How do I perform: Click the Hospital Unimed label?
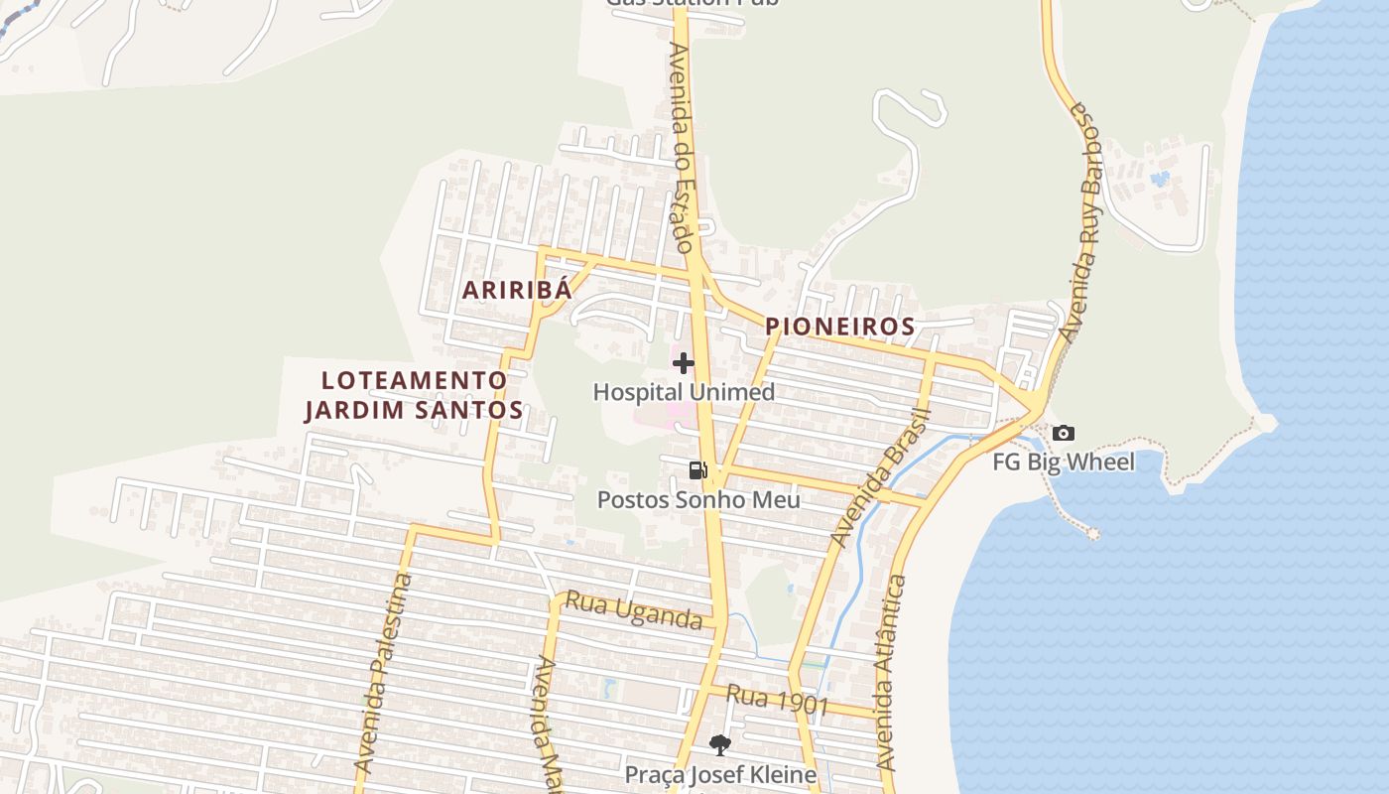[684, 392]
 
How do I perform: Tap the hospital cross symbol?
[684, 363]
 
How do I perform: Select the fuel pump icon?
[698, 470]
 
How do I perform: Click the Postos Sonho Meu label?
[698, 499]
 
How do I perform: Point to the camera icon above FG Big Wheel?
[1064, 434]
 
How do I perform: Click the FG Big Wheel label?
[1064, 462]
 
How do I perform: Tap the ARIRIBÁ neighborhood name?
[518, 290]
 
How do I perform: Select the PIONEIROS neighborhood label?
[839, 327]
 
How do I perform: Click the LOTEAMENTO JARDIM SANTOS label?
[414, 395]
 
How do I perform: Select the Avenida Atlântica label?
[887, 675]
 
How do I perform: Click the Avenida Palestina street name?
[383, 675]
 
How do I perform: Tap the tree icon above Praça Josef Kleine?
[720, 744]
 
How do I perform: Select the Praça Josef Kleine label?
[720, 774]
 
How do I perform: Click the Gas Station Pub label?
[693, 3]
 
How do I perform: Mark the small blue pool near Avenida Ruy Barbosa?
[1159, 180]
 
